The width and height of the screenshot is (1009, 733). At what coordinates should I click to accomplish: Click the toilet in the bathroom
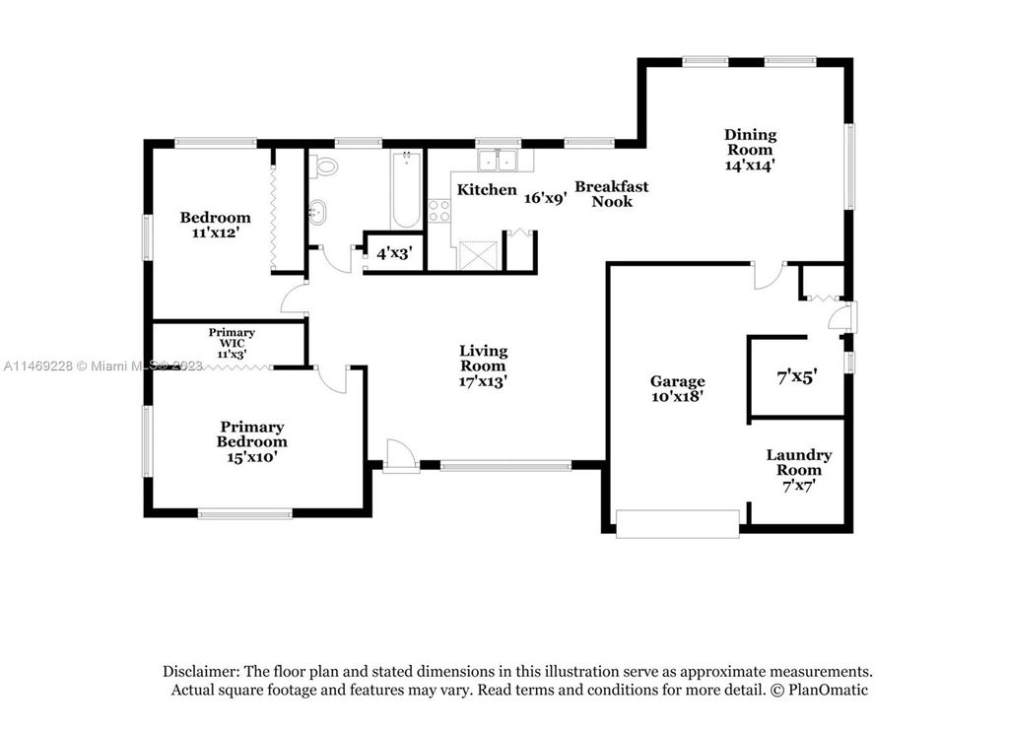pos(325,167)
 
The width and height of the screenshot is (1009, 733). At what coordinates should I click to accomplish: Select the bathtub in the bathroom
pos(407,189)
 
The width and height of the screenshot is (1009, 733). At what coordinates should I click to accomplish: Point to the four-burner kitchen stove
pos(439,211)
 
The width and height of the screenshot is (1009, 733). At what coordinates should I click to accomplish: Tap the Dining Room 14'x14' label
pos(750,150)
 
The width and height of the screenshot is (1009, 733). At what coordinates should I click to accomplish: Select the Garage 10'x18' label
pos(677,389)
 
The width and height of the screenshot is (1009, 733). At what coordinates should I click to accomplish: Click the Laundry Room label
pos(798,462)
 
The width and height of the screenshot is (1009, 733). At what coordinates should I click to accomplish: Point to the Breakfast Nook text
pos(611,194)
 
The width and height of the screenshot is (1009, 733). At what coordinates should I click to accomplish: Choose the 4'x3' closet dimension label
pos(394,253)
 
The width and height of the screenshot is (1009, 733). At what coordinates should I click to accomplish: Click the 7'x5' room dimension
pos(796,376)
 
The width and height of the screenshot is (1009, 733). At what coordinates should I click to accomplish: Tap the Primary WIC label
pos(232,338)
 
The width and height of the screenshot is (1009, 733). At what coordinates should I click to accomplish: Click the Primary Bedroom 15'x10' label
pos(251,441)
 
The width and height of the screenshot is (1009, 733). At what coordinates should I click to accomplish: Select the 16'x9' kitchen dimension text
pos(544,198)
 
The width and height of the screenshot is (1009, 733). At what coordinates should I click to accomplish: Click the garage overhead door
pos(678,523)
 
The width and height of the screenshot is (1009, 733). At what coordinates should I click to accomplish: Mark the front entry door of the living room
pos(400,456)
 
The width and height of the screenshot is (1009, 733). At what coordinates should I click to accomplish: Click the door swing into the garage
pos(769,276)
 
